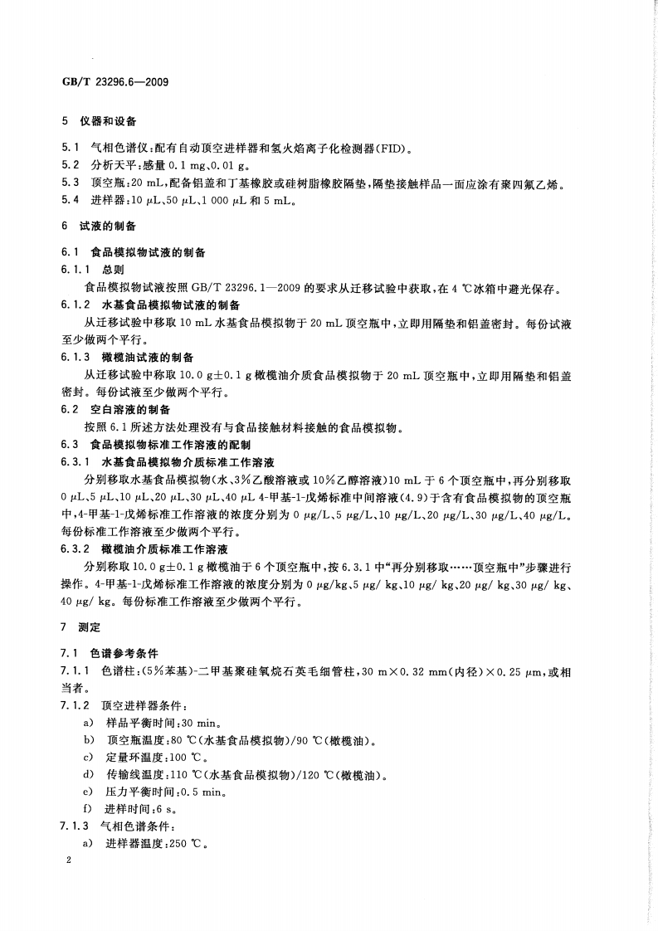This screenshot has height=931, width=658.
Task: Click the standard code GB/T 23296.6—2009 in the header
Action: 110,83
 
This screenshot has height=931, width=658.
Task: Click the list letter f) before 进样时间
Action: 87,809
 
